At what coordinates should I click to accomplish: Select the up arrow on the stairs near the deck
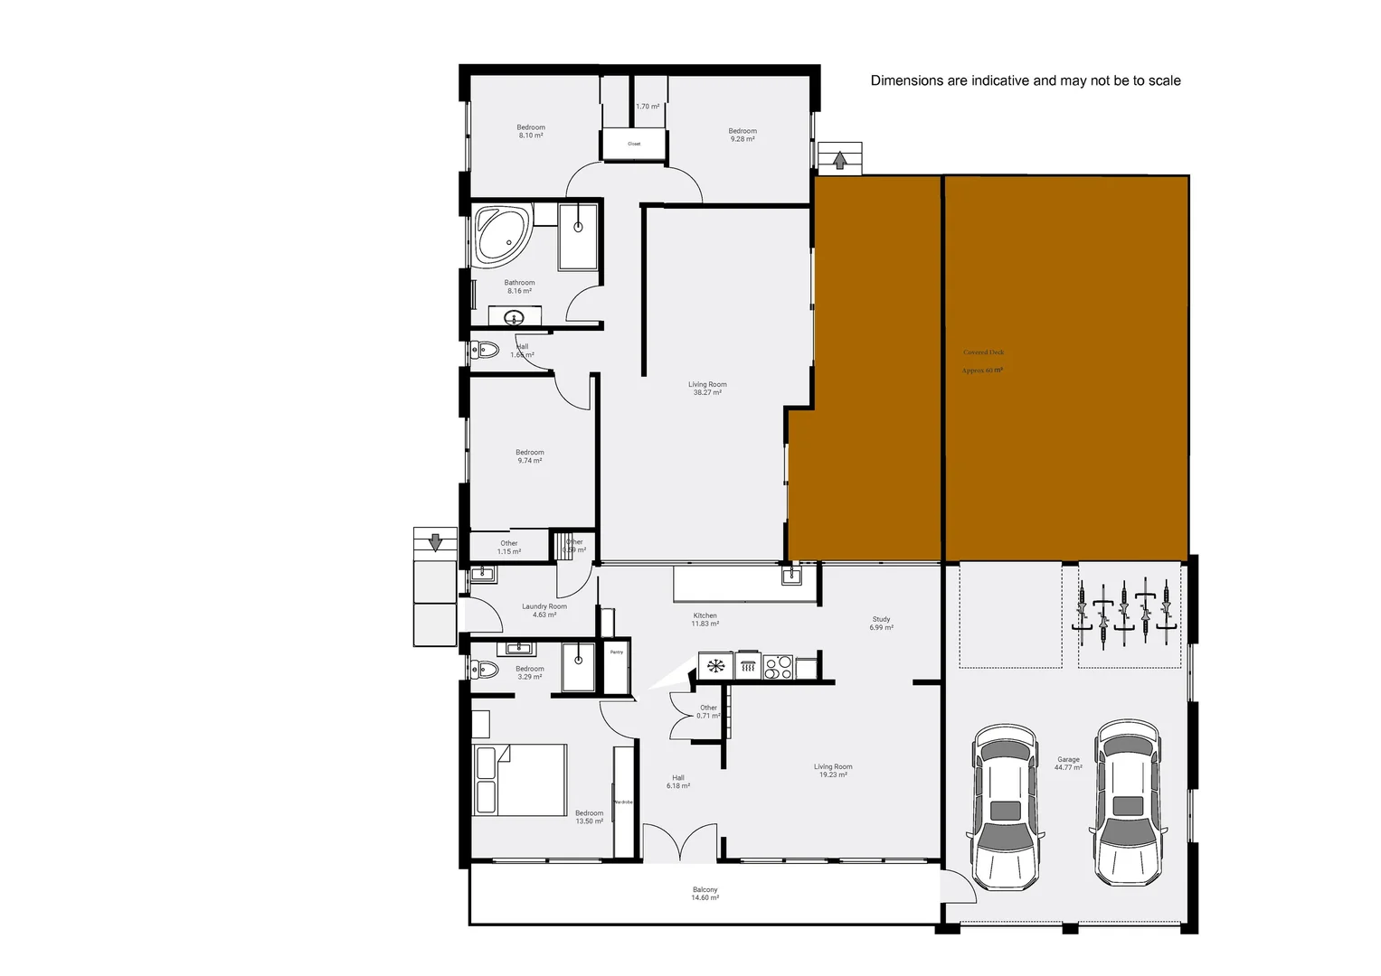(x=840, y=161)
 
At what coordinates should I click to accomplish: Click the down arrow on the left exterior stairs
(x=435, y=542)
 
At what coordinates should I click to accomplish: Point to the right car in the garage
(x=1128, y=802)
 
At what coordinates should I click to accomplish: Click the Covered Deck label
(x=983, y=353)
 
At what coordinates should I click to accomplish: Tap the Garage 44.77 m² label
(x=1068, y=764)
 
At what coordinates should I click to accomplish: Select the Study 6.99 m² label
(x=881, y=624)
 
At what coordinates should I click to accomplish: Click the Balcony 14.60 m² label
(x=705, y=894)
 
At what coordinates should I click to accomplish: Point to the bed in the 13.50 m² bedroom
(x=519, y=780)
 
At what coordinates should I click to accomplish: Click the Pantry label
(x=617, y=652)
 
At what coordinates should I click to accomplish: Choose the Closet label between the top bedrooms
(x=634, y=144)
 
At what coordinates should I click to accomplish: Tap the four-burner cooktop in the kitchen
(x=778, y=668)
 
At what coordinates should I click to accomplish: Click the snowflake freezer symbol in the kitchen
(x=715, y=667)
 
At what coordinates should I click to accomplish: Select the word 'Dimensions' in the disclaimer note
(x=906, y=80)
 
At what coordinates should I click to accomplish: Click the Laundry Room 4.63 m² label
(x=544, y=611)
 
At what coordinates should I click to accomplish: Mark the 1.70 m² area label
(x=648, y=107)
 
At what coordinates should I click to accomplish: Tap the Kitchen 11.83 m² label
(x=705, y=620)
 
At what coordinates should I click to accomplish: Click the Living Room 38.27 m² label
(x=707, y=389)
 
